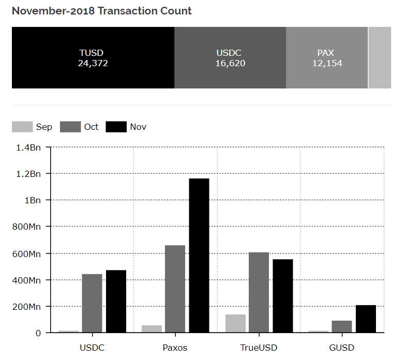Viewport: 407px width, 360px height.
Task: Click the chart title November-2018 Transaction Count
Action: [101, 11]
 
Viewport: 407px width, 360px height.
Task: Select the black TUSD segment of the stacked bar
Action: [93, 58]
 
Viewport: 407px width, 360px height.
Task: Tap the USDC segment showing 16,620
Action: [230, 58]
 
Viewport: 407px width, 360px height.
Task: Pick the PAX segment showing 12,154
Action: [327, 58]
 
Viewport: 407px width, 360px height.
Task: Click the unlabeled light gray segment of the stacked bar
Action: [380, 58]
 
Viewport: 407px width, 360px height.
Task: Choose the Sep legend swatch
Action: [22, 127]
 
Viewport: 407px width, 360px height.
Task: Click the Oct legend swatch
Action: [70, 127]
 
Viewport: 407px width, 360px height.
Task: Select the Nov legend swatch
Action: [116, 127]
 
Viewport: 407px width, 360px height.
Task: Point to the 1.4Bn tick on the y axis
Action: [28, 148]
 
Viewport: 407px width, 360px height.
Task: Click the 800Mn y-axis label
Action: [27, 227]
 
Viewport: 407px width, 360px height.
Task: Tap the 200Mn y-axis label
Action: [27, 307]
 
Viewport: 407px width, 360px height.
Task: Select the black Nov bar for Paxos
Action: [199, 256]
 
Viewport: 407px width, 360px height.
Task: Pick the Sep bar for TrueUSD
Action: [235, 323]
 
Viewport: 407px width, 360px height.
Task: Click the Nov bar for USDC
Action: [116, 301]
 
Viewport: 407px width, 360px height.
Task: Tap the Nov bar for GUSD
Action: [366, 319]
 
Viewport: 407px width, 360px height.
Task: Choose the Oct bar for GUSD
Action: [342, 326]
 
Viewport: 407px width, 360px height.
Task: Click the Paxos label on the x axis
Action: [175, 348]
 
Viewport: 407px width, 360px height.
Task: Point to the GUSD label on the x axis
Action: [342, 348]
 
